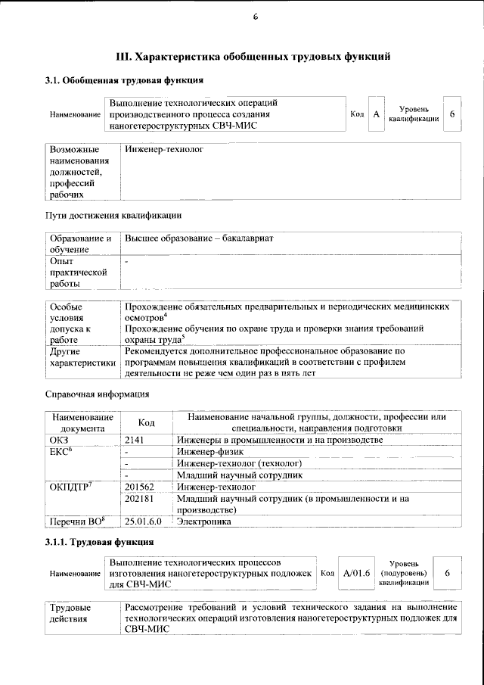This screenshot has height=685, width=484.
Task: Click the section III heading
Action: (x=253, y=56)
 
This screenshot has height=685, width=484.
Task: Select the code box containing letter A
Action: (x=376, y=114)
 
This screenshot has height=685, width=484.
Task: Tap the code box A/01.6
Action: (x=355, y=574)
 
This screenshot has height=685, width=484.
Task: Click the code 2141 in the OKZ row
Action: (x=134, y=440)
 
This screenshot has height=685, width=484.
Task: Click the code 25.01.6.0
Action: (x=144, y=522)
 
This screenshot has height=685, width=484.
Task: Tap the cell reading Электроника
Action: (x=205, y=522)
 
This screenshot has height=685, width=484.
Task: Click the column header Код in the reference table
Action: (x=147, y=423)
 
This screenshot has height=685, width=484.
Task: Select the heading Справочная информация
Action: (x=98, y=394)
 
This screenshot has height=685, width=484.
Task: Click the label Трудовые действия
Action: (x=70, y=613)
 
